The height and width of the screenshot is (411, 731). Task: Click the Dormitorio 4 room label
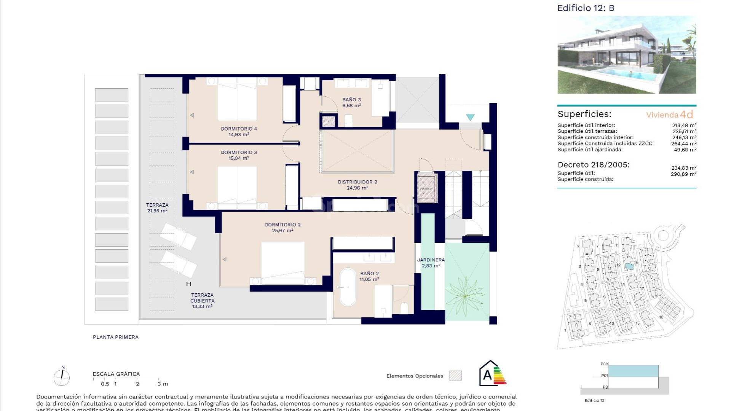click(239, 129)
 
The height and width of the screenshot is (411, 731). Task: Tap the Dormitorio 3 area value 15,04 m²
click(239, 158)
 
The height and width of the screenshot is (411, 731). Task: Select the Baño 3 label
click(351, 100)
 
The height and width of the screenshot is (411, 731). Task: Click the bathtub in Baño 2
click(347, 287)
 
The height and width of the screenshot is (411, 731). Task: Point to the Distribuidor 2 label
click(357, 182)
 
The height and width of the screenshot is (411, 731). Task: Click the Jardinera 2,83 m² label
click(431, 263)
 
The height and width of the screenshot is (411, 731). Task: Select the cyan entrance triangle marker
click(471, 118)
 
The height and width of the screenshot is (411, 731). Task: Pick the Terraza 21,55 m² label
click(157, 207)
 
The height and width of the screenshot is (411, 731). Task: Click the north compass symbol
click(62, 377)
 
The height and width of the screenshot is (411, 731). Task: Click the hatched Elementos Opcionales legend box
click(455, 376)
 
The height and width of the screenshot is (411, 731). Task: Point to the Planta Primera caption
click(116, 337)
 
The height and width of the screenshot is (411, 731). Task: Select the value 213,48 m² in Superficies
click(684, 125)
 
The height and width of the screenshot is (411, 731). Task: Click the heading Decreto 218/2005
click(594, 165)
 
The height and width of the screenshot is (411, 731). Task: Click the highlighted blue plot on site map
click(629, 266)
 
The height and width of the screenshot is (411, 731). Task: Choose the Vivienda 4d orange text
click(669, 115)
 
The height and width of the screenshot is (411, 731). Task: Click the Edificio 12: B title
click(586, 8)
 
